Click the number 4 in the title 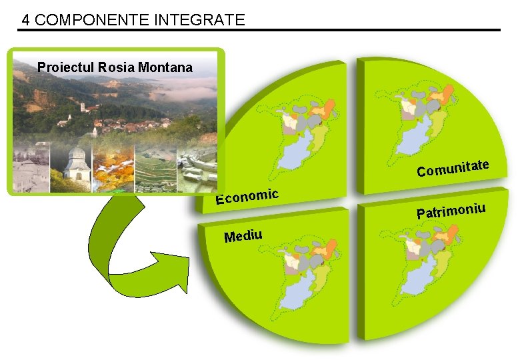tap(25, 20)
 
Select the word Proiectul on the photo tap(65, 67)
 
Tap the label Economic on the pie tap(246, 196)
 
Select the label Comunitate tap(453, 168)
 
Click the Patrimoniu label tap(451, 211)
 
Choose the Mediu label tap(243, 235)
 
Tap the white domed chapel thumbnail tap(77, 167)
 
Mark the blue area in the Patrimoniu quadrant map tap(419, 283)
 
